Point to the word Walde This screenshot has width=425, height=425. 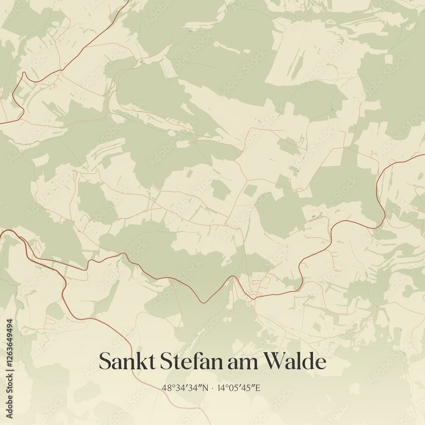pos(295,362)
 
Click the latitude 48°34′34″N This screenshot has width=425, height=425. pos(185,388)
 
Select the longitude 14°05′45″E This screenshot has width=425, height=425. pos(239,388)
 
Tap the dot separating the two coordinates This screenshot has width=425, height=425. pos(212,388)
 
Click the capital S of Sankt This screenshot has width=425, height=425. pos(105,362)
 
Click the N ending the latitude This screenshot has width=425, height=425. pos(206,388)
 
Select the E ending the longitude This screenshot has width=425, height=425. pos(258,388)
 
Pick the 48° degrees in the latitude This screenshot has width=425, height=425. pos(167,388)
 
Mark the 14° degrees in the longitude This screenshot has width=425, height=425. pos(221,388)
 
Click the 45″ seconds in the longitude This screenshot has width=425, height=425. pos(250,388)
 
